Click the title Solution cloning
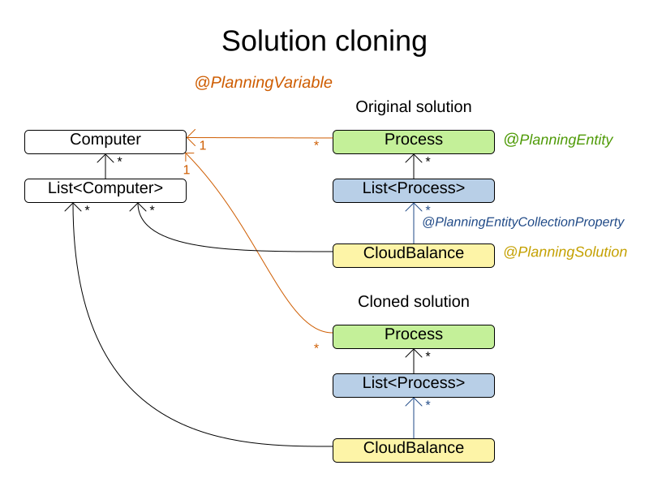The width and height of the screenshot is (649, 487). click(x=324, y=41)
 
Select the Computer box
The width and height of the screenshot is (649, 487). click(x=105, y=140)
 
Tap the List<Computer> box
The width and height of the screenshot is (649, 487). click(x=105, y=190)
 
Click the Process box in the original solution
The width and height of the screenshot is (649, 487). click(x=413, y=140)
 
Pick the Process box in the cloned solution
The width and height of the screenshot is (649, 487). click(x=413, y=335)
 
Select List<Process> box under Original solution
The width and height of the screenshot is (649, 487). click(x=413, y=190)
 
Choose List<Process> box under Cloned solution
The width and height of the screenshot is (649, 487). click(x=413, y=384)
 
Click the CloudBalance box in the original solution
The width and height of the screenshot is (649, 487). click(x=413, y=254)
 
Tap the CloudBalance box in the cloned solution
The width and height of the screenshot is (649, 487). click(x=413, y=449)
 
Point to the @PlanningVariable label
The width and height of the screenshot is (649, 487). click(x=263, y=83)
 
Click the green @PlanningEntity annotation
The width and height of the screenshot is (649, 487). click(x=558, y=140)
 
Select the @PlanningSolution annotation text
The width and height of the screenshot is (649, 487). click(x=565, y=252)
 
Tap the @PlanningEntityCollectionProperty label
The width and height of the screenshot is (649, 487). click(x=522, y=222)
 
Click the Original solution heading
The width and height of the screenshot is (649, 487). click(x=413, y=107)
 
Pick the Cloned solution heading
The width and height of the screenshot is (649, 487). click(x=413, y=302)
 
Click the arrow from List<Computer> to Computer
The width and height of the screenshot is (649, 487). click(x=105, y=166)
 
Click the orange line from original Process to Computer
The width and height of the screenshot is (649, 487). click(x=260, y=138)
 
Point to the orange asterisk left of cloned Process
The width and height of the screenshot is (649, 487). click(x=316, y=347)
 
